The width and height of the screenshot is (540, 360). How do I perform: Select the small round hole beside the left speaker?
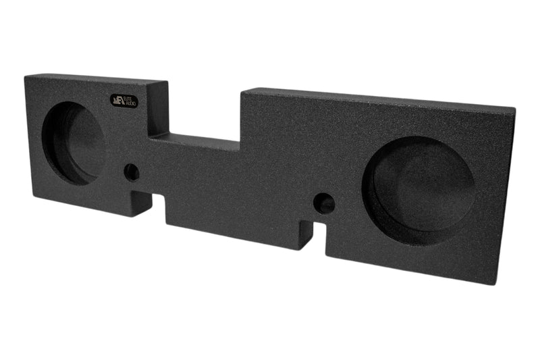point(132,172)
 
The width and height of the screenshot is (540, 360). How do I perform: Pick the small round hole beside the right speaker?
point(324,203)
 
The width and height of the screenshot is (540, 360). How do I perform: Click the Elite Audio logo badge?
point(124,99)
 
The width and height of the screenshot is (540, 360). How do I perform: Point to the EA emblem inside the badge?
point(117,99)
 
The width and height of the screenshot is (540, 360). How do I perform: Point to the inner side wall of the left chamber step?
point(157,108)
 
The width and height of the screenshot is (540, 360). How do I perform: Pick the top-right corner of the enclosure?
point(515,108)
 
